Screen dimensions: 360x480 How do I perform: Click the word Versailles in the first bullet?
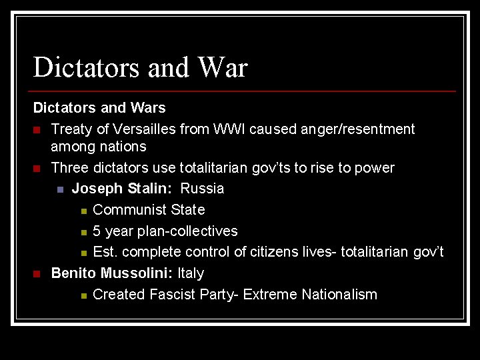tap(148, 129)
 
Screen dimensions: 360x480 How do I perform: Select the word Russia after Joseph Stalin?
tap(203, 189)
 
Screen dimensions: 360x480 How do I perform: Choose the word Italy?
tap(191, 273)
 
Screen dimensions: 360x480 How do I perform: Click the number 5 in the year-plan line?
tap(97, 231)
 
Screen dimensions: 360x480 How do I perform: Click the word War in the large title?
tap(222, 68)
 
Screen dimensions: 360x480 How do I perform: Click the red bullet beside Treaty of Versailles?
tap(37, 129)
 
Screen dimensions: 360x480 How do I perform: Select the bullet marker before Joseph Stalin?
tap(60, 189)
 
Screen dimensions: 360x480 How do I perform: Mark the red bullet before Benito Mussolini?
tap(37, 273)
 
